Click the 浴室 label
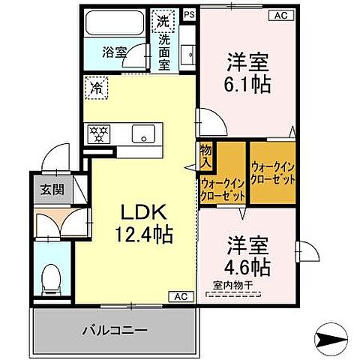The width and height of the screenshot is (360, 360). pos(113,52)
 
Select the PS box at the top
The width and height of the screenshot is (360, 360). pos(189,13)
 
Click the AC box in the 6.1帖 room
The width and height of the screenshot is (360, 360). pos(280,14)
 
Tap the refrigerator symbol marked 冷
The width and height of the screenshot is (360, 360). pos(97,87)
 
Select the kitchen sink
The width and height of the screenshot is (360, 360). pos(142,135)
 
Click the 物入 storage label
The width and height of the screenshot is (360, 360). pos(206,157)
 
